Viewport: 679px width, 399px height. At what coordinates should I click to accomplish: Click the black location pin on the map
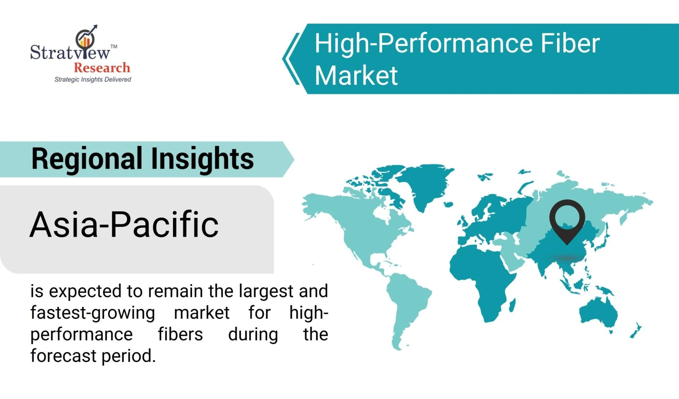coord(567,219)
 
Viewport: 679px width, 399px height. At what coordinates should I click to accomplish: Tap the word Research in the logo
coord(102,67)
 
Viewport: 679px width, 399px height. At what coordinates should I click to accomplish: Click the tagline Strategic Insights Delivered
coord(93,79)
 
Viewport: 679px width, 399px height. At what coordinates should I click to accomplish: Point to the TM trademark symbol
coord(114,46)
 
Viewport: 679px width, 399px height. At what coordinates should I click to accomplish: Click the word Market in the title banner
coord(356,75)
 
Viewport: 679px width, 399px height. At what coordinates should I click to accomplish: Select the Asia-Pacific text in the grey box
coord(124,224)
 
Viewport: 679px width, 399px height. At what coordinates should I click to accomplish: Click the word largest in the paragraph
coord(266,291)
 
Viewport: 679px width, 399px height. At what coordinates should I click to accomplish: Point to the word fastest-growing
coord(93,313)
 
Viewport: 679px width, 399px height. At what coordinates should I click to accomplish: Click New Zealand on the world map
coord(636,331)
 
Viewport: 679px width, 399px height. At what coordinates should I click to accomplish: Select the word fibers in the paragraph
coord(180,334)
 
